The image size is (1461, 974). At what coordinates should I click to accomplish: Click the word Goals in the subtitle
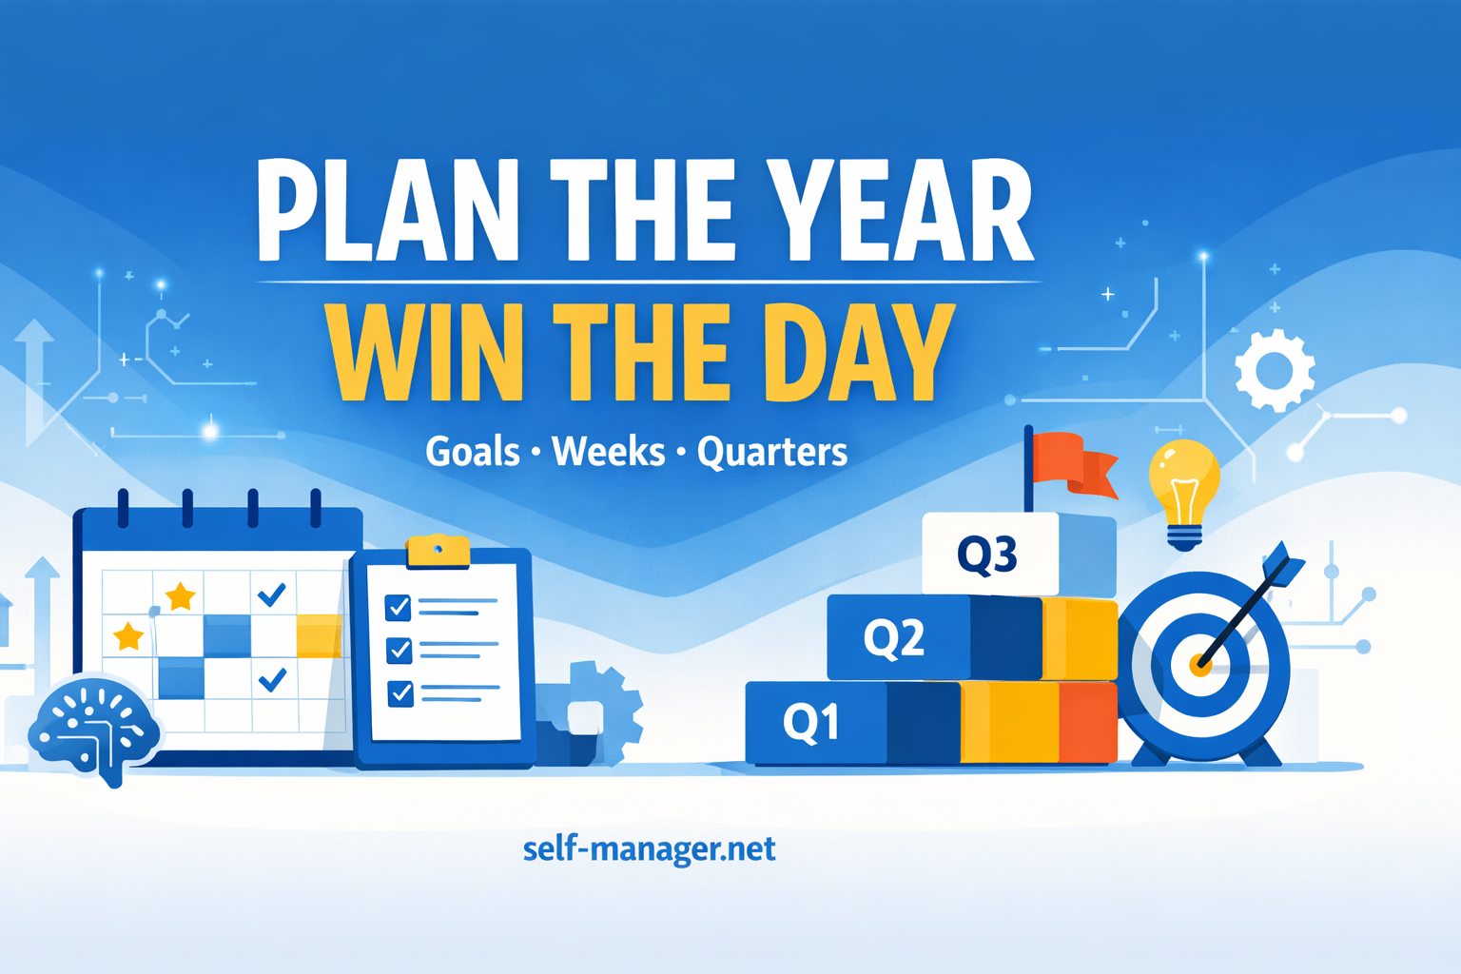coord(473,452)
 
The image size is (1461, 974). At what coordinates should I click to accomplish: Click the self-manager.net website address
coord(649,848)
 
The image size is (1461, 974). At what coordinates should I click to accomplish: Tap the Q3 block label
coord(987,555)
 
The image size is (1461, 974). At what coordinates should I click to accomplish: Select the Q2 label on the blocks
coord(893,636)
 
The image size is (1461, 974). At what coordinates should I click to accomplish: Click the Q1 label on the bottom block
coord(811,722)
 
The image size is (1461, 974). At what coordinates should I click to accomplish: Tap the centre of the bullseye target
coord(1200,665)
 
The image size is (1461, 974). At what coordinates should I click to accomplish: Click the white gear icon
coord(1275,370)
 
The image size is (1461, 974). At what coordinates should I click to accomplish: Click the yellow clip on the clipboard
coord(438,551)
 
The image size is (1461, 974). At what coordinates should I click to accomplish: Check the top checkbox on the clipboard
coord(398,607)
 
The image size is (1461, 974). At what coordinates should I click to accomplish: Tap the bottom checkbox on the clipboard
coord(400,692)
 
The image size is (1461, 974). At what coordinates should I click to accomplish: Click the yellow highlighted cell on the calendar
coord(319,635)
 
